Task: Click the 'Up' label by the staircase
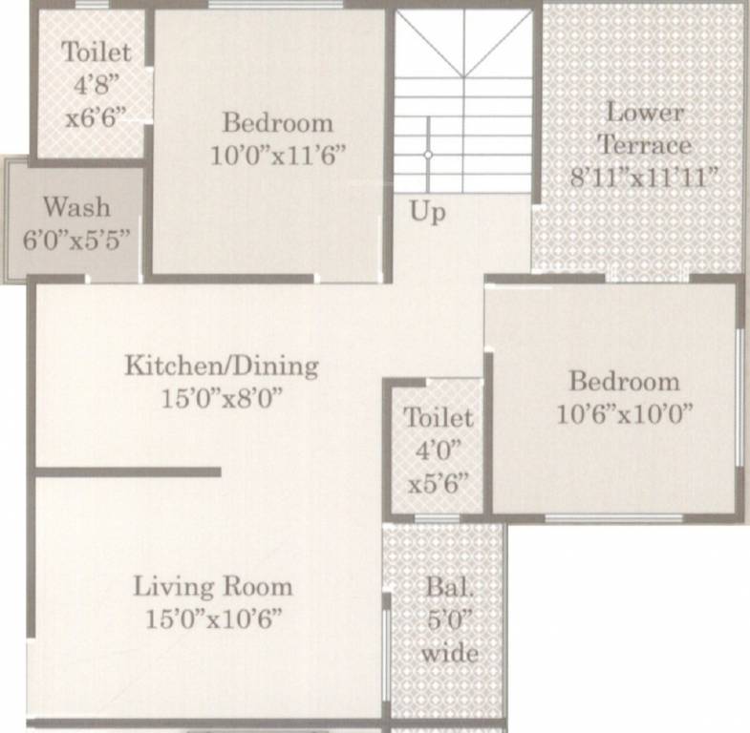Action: click(428, 211)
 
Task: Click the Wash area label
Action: click(77, 207)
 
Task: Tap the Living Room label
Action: click(212, 585)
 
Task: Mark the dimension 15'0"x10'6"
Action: click(214, 618)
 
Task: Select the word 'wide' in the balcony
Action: click(448, 654)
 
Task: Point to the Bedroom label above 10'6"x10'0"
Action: click(625, 382)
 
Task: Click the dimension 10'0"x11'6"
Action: click(278, 154)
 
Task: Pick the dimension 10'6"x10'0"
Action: click(625, 413)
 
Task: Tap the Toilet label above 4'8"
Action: click(96, 52)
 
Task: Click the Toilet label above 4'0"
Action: click(438, 417)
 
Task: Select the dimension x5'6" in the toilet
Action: click(439, 482)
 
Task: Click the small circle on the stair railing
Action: click(428, 154)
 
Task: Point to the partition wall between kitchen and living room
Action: click(128, 471)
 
